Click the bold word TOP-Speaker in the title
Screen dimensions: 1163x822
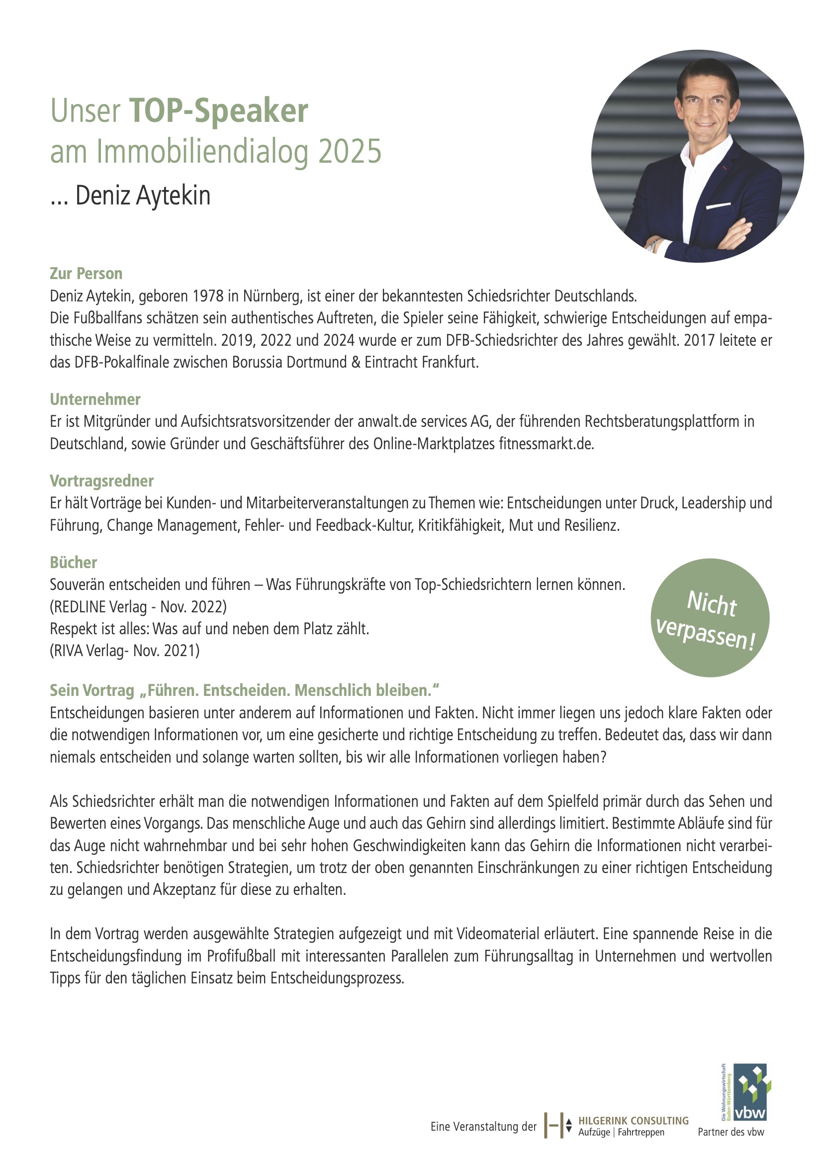(218, 111)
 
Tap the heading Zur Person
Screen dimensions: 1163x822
(86, 274)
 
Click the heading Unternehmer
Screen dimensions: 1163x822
(95, 399)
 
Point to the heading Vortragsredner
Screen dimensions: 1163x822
(102, 481)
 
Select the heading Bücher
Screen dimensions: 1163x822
(74, 562)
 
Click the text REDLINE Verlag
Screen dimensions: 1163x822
(101, 606)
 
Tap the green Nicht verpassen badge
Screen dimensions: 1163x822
(710, 618)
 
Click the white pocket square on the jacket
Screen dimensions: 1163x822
(719, 206)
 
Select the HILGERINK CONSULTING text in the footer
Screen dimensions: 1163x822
(633, 1121)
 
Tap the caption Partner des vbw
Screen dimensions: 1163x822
(731, 1132)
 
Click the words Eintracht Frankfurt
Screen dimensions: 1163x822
(421, 363)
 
